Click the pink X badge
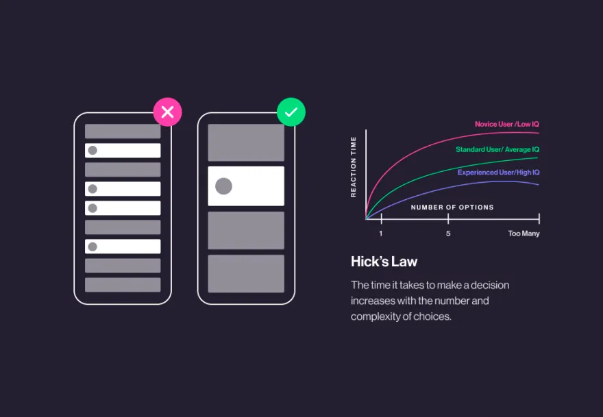[167, 112]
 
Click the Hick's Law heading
[384, 262]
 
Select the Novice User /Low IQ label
[507, 124]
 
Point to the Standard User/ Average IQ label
[497, 149]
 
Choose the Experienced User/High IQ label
[498, 173]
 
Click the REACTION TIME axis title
[354, 167]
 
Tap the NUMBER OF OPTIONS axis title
[452, 207]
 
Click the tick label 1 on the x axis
[381, 233]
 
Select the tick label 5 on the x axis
[448, 233]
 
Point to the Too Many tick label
[524, 233]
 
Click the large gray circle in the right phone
[223, 186]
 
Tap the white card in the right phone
[246, 186]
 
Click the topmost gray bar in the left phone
[123, 131]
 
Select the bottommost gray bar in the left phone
[123, 285]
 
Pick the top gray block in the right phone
[246, 142]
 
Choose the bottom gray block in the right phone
[246, 273]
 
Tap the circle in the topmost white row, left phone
[93, 151]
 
